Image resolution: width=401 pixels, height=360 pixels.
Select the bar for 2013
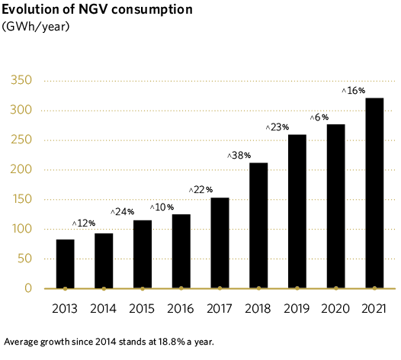tap(66, 264)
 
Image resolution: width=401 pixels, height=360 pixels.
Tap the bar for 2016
tap(181, 251)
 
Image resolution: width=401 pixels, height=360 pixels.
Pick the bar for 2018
tap(258, 226)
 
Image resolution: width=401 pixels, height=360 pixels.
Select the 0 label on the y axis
tap(27, 288)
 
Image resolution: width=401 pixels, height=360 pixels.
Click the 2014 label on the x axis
tap(104, 310)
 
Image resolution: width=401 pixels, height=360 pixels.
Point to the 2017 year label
tap(220, 310)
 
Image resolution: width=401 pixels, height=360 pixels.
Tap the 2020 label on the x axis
tap(335, 310)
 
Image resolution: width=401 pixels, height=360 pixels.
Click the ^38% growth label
tap(239, 155)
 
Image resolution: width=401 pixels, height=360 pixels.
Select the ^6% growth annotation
tap(319, 117)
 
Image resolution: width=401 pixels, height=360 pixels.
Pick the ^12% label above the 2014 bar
tap(84, 223)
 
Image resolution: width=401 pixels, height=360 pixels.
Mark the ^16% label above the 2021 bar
tap(354, 91)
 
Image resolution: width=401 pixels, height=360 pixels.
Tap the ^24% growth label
tap(123, 211)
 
